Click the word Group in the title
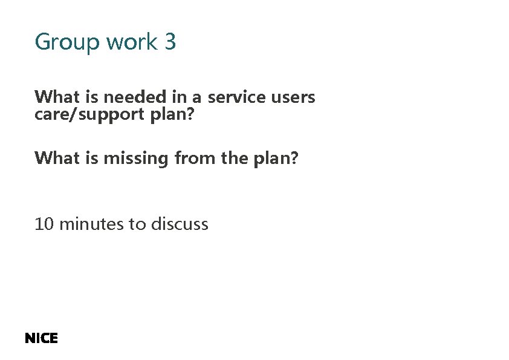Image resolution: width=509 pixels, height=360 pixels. pyautogui.click(x=67, y=42)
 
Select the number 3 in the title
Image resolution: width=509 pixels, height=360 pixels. pyautogui.click(x=170, y=42)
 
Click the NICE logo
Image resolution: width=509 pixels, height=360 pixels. pyautogui.click(x=41, y=338)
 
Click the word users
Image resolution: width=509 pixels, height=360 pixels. pyautogui.click(x=296, y=97)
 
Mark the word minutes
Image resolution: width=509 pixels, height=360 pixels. pyautogui.click(x=92, y=224)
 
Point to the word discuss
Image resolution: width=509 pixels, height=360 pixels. pyautogui.click(x=179, y=224)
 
